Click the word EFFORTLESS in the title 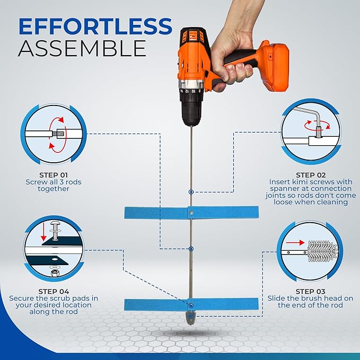pos(95,27)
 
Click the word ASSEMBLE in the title pos(82,48)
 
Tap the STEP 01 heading pos(54,175)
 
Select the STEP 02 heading pos(311,175)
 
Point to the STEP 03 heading pos(310,292)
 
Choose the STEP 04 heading pos(54,292)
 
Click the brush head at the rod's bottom pos(191,319)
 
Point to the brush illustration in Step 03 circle pos(322,251)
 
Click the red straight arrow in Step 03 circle pos(295,242)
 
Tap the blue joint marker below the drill pos(191,192)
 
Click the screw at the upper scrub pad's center pos(191,213)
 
